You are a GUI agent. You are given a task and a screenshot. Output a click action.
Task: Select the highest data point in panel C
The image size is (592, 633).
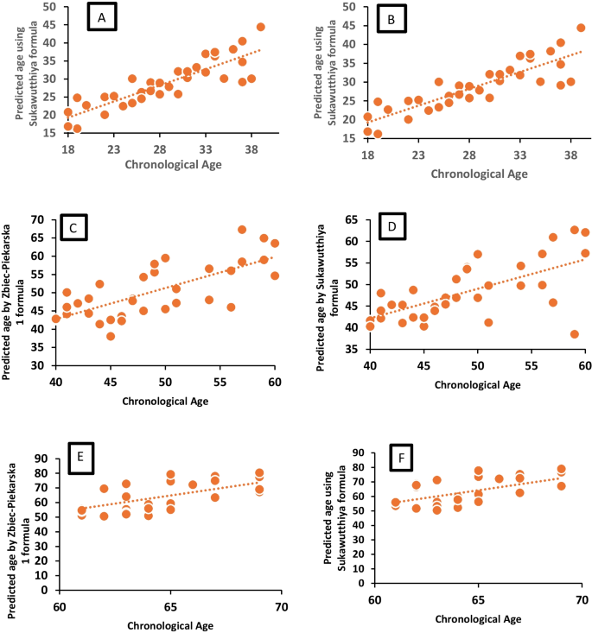click(x=242, y=230)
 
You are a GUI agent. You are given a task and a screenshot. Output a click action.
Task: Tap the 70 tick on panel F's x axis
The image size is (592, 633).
click(x=581, y=599)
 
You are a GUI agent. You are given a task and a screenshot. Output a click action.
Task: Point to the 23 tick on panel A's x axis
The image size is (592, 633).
click(x=113, y=149)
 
